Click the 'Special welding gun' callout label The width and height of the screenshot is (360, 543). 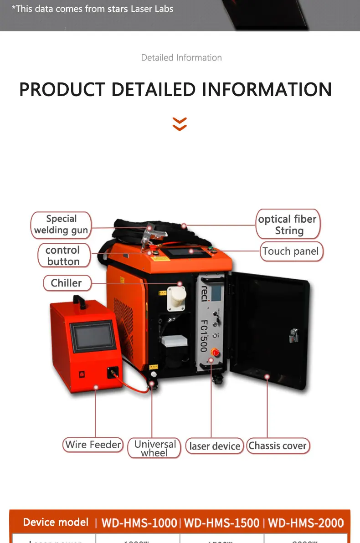(x=61, y=225)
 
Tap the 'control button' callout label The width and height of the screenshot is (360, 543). (x=63, y=256)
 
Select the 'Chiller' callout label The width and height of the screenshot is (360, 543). (x=67, y=283)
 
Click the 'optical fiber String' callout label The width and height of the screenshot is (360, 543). (x=288, y=225)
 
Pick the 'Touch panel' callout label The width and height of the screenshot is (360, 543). (x=291, y=251)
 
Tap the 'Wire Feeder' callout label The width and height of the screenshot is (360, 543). (x=93, y=445)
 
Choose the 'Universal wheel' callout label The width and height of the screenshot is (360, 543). (x=154, y=448)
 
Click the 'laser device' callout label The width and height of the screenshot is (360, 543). (x=215, y=446)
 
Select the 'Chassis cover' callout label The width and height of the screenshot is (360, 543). (x=278, y=446)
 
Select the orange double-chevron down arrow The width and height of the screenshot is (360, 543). (x=180, y=124)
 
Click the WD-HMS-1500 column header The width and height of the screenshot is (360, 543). (x=222, y=523)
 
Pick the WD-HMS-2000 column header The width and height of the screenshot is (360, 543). (x=306, y=523)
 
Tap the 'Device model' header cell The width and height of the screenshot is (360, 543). (x=56, y=522)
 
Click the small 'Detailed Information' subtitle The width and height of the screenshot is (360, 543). (x=181, y=58)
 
